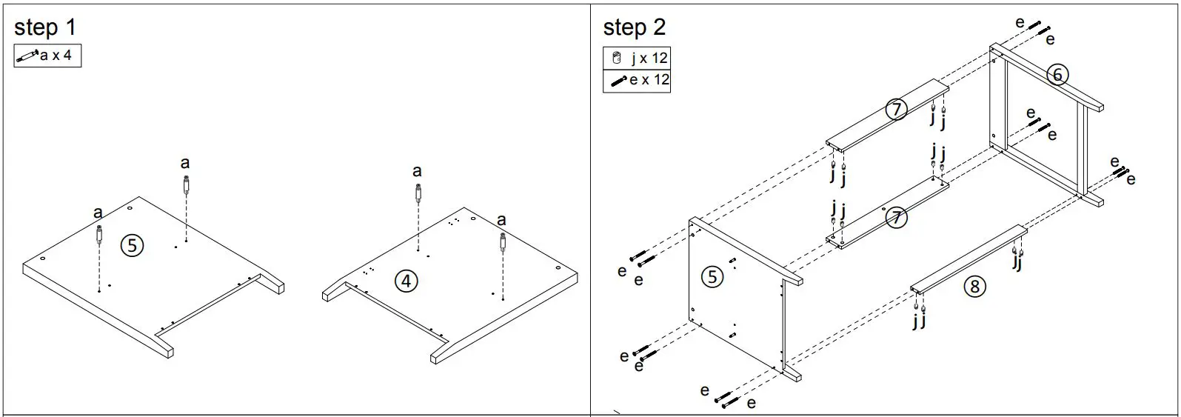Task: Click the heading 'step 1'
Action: pyautogui.click(x=44, y=27)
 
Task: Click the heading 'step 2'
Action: pyautogui.click(x=634, y=27)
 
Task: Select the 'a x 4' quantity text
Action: pyautogui.click(x=56, y=56)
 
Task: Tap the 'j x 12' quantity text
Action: pyautogui.click(x=649, y=58)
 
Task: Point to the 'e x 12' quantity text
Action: pyautogui.click(x=649, y=80)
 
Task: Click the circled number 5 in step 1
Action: pyautogui.click(x=132, y=245)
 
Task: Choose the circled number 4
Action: pyautogui.click(x=405, y=281)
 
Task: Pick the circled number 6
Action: pyautogui.click(x=1057, y=75)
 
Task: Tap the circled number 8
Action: pyautogui.click(x=974, y=287)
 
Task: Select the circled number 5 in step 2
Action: pyautogui.click(x=712, y=277)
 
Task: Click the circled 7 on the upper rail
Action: pyautogui.click(x=896, y=110)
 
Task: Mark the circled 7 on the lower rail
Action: pyautogui.click(x=896, y=218)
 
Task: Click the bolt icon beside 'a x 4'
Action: pyautogui.click(x=27, y=56)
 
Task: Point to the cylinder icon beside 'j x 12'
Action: pyautogui.click(x=616, y=58)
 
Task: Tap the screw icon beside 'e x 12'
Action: pyautogui.click(x=617, y=80)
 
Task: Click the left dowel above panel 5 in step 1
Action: pyautogui.click(x=98, y=236)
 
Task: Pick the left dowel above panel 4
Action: pyautogui.click(x=418, y=194)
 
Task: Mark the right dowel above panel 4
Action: pyautogui.click(x=503, y=242)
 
